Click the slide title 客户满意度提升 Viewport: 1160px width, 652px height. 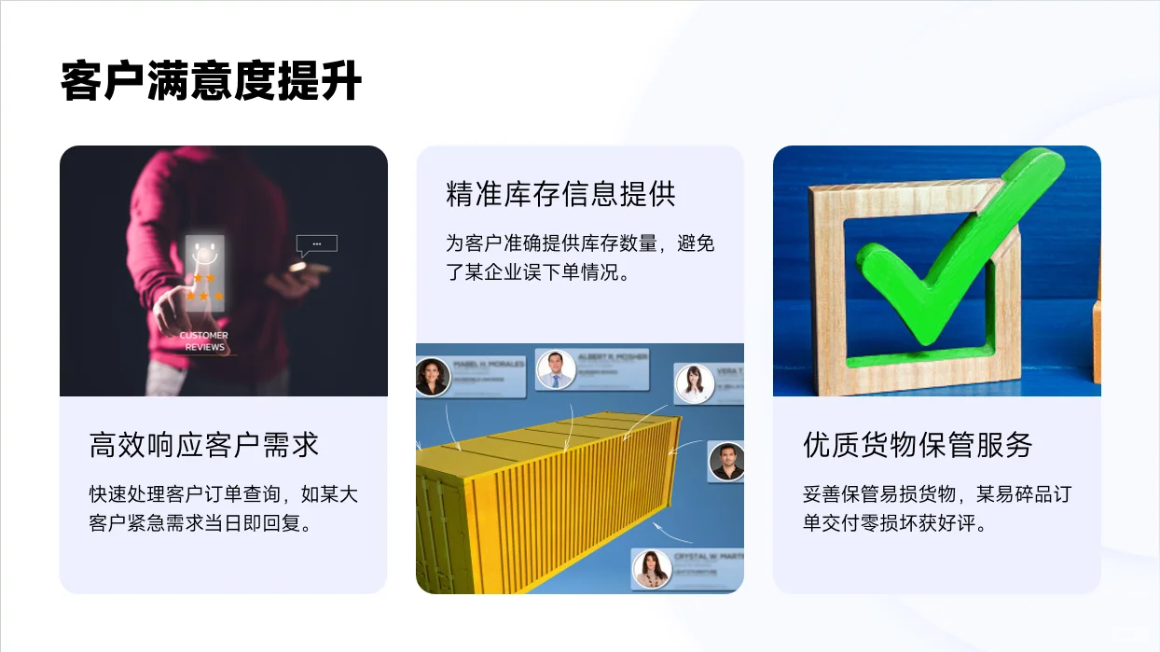[x=211, y=82]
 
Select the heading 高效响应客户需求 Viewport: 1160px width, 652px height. [x=204, y=445]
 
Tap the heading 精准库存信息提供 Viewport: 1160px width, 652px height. [x=560, y=194]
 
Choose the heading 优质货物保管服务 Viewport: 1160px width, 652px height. [x=918, y=445]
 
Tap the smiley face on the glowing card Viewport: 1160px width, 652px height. [x=204, y=250]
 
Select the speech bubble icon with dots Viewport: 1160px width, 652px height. [x=316, y=244]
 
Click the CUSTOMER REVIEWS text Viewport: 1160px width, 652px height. [x=204, y=340]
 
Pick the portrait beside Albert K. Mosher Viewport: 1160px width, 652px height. [x=556, y=369]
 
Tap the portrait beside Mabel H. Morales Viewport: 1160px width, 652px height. [x=433, y=377]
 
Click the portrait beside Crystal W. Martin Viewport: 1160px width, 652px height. [x=652, y=568]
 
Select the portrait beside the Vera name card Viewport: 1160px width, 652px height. [x=694, y=383]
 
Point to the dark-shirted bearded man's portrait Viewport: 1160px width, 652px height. [x=726, y=461]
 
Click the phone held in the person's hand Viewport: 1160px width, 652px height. [x=308, y=269]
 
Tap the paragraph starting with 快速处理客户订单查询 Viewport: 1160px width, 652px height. [x=223, y=508]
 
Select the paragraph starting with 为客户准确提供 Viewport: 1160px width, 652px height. [x=580, y=258]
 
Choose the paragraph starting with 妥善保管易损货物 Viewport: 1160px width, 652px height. [x=936, y=508]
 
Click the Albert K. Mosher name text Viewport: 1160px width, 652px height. [x=613, y=358]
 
